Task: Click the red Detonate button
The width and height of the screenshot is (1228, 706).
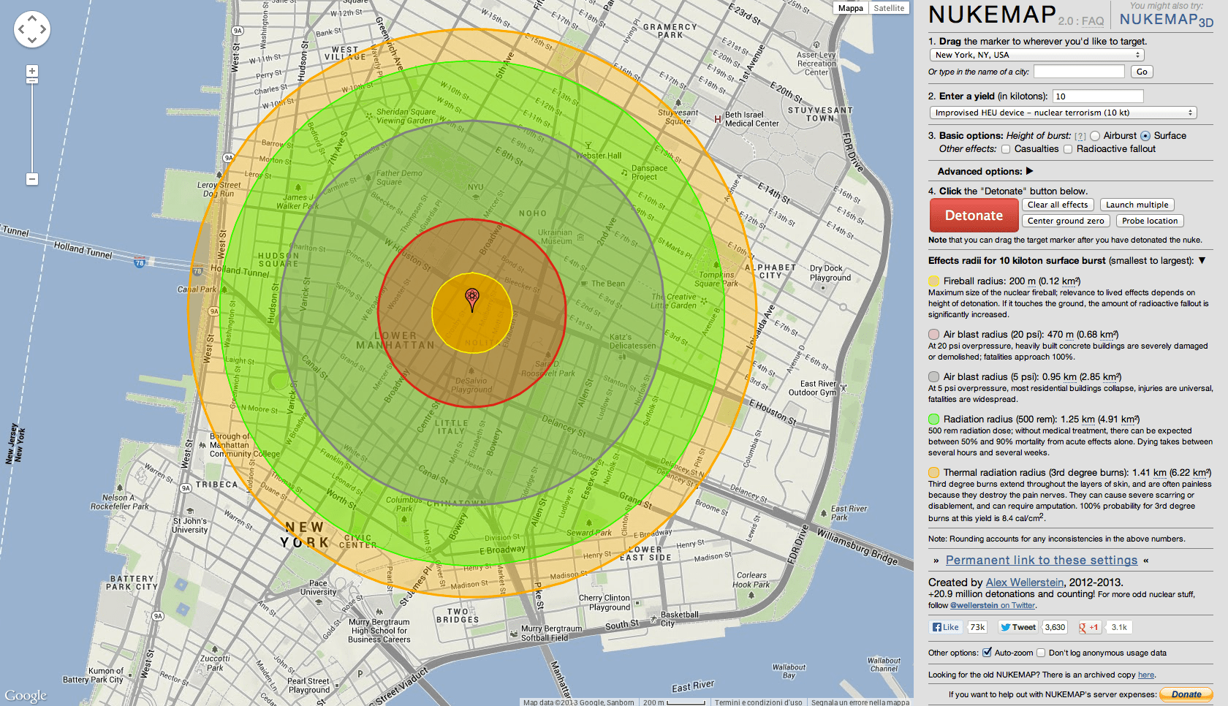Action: pos(974,216)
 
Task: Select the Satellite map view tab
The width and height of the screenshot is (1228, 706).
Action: pos(889,8)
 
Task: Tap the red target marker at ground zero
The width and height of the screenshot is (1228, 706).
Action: pos(472,298)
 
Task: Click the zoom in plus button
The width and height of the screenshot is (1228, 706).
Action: pos(31,71)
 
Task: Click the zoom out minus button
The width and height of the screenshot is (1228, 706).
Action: pos(31,179)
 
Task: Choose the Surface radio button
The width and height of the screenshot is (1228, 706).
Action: pos(1145,136)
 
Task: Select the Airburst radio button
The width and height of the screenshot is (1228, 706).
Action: pos(1095,136)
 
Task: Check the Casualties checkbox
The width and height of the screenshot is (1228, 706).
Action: pos(1006,149)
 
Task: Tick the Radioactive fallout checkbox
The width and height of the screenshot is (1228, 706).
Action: pos(1068,149)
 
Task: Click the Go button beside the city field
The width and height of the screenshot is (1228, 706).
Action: pos(1142,72)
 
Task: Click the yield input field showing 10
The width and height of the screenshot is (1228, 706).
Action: pos(1098,96)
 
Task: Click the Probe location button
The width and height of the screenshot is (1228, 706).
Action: pos(1150,221)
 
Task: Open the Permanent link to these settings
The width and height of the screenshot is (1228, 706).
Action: pos(1041,561)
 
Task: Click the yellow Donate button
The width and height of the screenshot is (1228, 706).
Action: pos(1186,694)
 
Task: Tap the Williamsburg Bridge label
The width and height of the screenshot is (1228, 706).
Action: pos(857,547)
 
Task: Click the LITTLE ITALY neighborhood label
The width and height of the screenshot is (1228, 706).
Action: pos(451,427)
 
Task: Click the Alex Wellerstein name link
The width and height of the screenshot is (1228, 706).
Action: pos(1025,582)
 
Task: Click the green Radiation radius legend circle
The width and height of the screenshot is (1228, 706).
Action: pos(933,420)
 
